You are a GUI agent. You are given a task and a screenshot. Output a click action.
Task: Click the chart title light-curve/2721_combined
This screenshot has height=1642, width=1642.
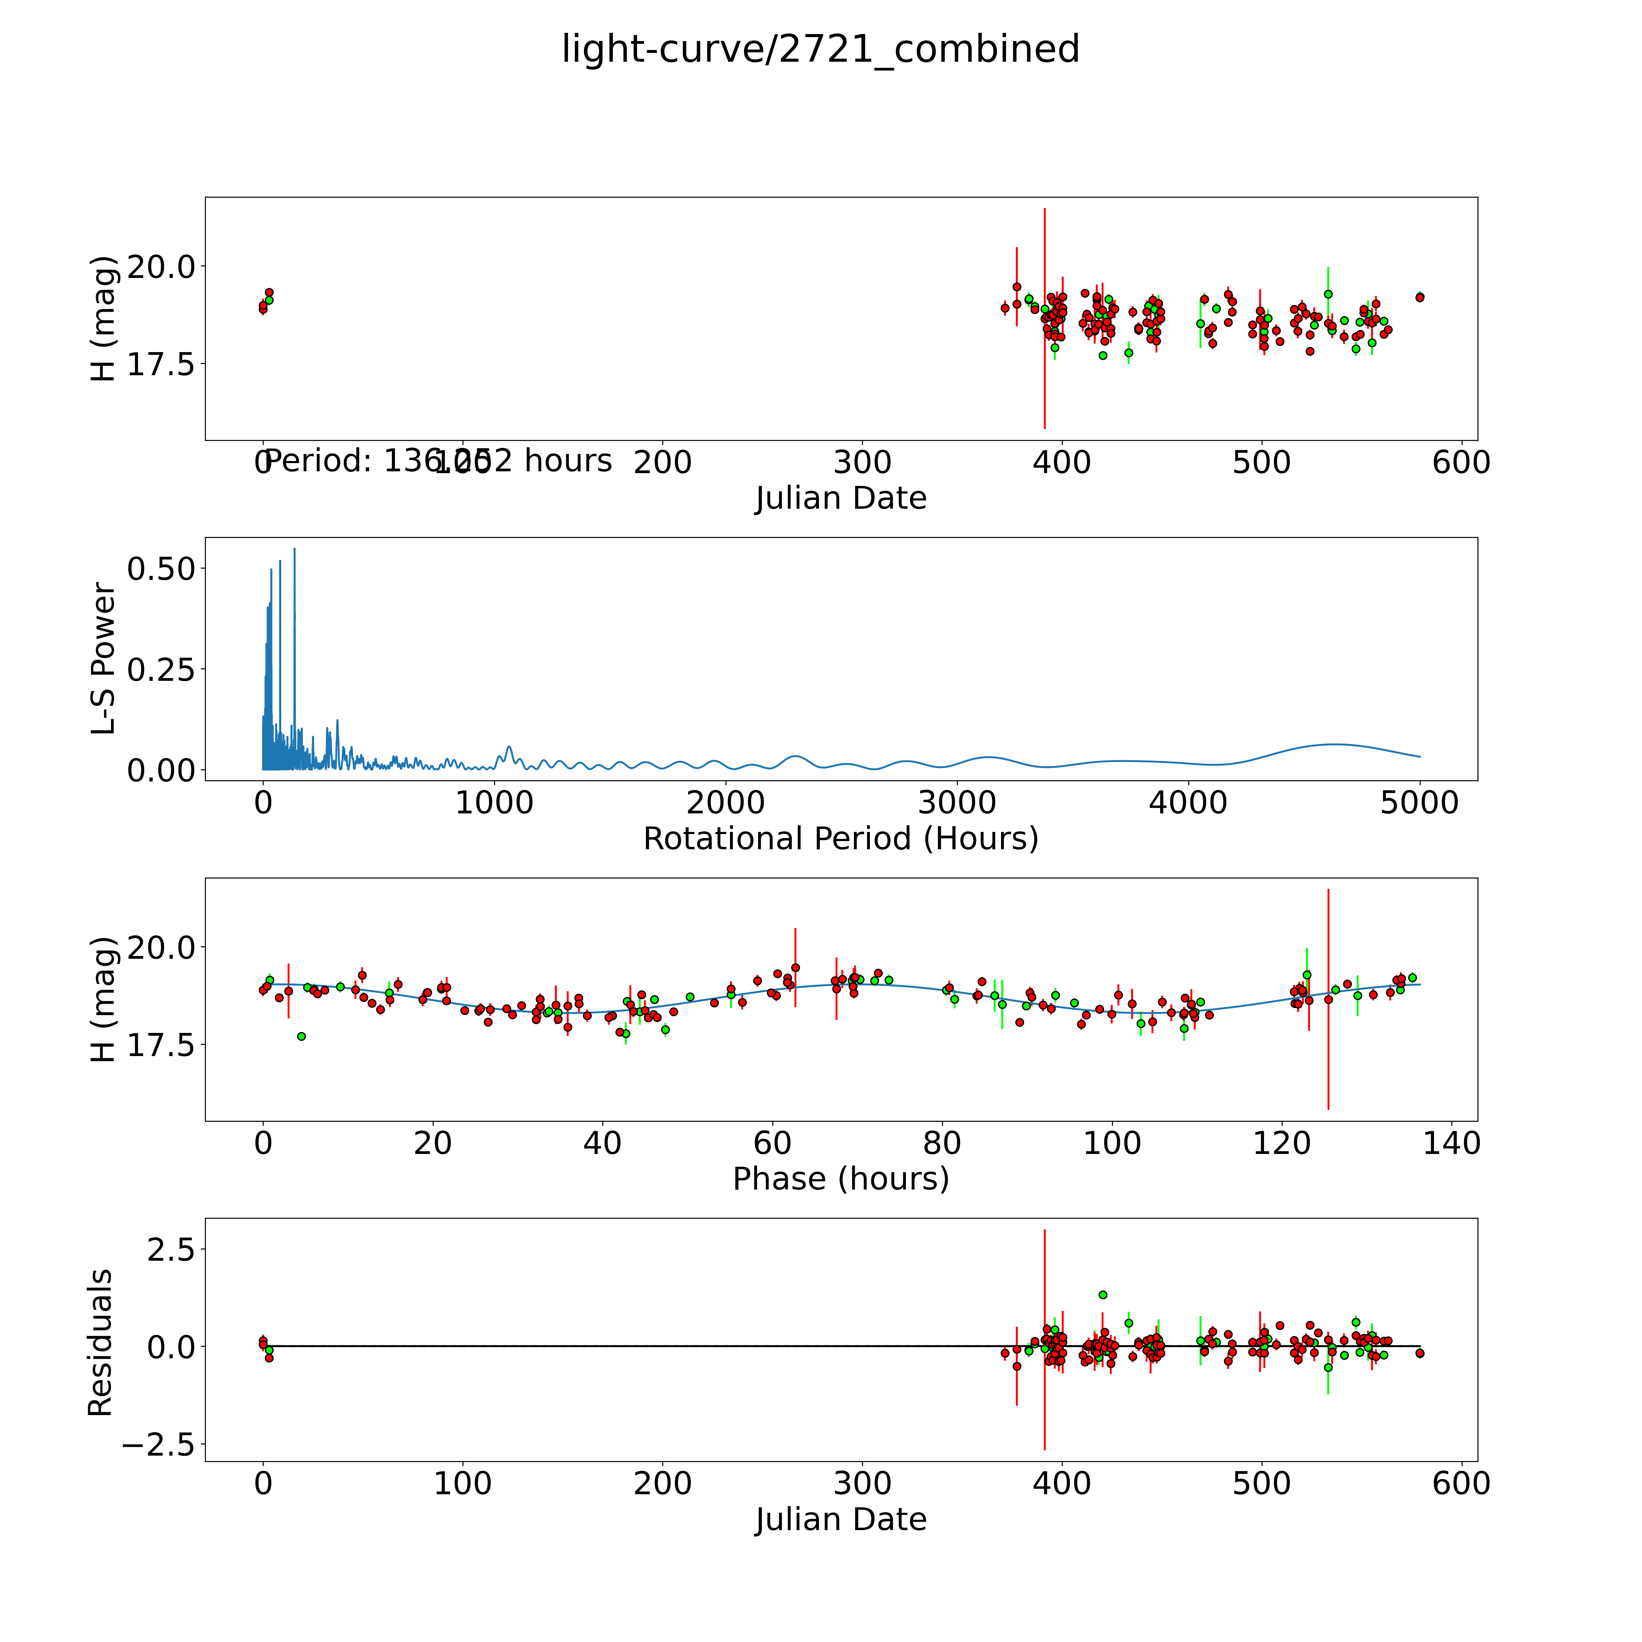click(x=820, y=49)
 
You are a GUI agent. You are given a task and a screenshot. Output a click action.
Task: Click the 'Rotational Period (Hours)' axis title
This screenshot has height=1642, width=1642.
click(x=840, y=839)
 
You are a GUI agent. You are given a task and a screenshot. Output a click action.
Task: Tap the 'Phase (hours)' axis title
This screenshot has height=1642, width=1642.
click(x=840, y=1179)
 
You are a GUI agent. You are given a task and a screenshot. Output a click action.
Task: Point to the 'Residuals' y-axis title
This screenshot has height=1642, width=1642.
click(x=100, y=1343)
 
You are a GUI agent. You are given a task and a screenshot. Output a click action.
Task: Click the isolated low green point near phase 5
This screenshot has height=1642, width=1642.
click(x=301, y=1036)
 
